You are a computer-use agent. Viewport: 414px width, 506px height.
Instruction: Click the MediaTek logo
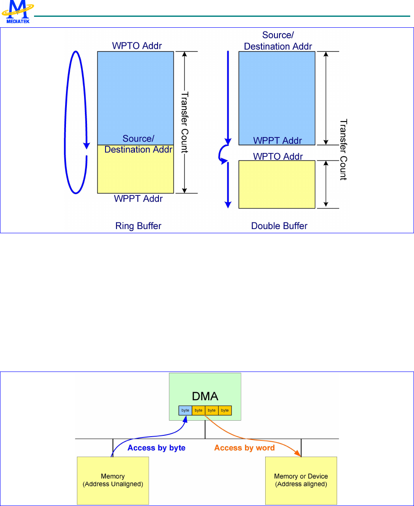tap(18, 12)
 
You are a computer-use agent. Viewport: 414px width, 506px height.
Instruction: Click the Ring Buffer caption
tap(138, 226)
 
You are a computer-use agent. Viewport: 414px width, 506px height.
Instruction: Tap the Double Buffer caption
tap(279, 226)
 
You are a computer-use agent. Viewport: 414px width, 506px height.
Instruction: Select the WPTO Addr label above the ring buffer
tap(137, 46)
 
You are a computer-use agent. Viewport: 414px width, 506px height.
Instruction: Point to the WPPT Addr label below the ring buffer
tap(138, 198)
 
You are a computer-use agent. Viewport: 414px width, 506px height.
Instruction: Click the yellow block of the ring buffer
tap(135, 172)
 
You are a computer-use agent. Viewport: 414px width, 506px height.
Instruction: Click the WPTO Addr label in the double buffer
tap(278, 156)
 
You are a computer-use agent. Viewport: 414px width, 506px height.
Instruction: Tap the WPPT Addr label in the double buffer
tap(277, 140)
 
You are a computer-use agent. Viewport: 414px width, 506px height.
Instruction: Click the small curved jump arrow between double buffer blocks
tap(221, 154)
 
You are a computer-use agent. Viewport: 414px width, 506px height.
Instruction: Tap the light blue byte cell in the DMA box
tap(185, 410)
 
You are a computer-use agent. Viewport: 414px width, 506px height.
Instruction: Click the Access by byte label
tap(156, 448)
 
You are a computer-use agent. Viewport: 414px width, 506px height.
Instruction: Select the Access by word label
tap(244, 448)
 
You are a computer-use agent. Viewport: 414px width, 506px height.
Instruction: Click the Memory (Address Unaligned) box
tap(113, 480)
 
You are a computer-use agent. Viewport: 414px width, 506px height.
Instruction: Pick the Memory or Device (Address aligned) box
tap(301, 480)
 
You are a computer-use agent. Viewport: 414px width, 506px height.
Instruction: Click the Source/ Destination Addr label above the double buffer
tap(278, 41)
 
